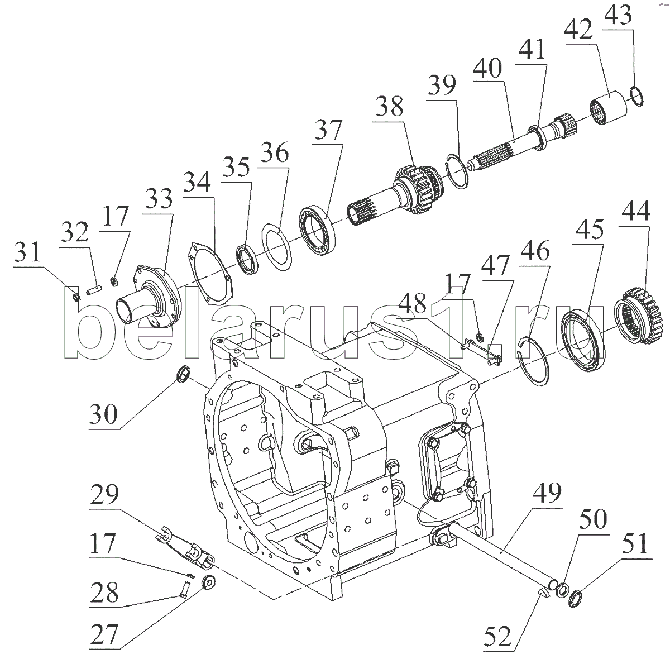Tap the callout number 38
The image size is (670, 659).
(x=389, y=106)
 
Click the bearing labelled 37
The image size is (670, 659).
(x=318, y=230)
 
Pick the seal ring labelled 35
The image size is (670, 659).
(x=247, y=260)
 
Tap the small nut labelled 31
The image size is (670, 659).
(x=77, y=297)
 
